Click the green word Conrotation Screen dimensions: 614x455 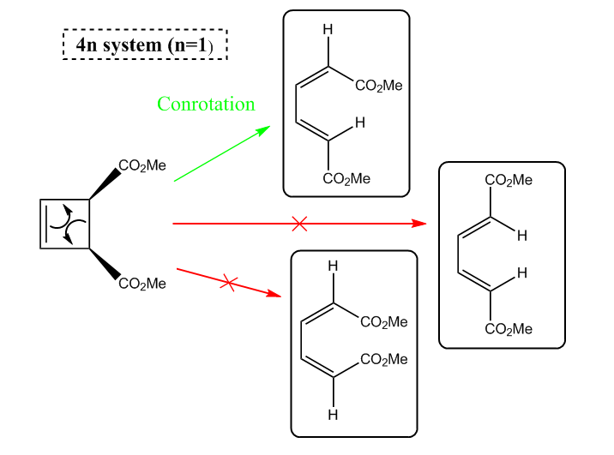[206, 104]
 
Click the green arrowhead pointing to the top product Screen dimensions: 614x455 [262, 130]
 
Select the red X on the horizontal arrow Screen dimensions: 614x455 [299, 224]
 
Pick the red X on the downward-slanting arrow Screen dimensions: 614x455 [229, 283]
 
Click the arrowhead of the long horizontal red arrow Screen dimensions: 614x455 [419, 224]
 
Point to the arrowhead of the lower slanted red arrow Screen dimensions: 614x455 [274, 294]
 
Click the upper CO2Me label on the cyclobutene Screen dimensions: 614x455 [142, 165]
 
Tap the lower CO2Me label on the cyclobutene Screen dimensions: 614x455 [142, 284]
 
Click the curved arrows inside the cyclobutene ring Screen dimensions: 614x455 [68, 224]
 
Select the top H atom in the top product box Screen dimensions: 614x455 [328, 29]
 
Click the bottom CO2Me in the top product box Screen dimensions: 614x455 [346, 179]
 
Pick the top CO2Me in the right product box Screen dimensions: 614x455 [509, 180]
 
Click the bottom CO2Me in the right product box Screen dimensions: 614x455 [509, 329]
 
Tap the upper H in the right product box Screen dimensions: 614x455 [522, 236]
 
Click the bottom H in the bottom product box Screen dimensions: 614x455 [333, 415]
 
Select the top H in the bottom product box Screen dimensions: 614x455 [333, 266]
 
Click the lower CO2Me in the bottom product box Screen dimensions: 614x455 [384, 360]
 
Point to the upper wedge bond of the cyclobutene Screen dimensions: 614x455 [105, 184]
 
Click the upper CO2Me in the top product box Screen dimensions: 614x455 [379, 86]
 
